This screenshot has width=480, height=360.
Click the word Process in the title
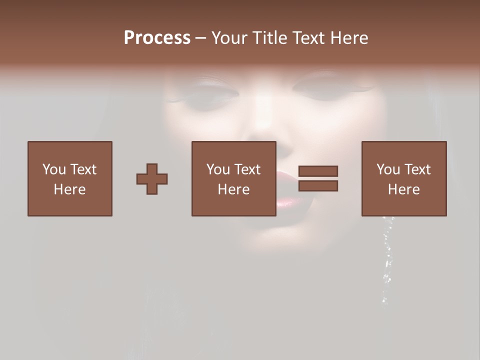point(157,38)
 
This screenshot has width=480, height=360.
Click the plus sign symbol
point(152,178)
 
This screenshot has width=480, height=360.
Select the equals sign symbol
point(318,178)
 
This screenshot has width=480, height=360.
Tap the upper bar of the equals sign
point(318,171)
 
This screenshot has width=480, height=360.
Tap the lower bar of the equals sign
point(318,186)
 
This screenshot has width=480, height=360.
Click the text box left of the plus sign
point(69,178)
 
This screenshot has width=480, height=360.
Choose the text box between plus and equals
point(233,178)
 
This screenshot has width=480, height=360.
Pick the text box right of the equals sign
point(403,178)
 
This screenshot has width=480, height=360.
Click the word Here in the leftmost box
point(69,189)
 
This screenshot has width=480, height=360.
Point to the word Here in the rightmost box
point(403,189)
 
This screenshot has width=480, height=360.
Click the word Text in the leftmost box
point(83,169)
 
